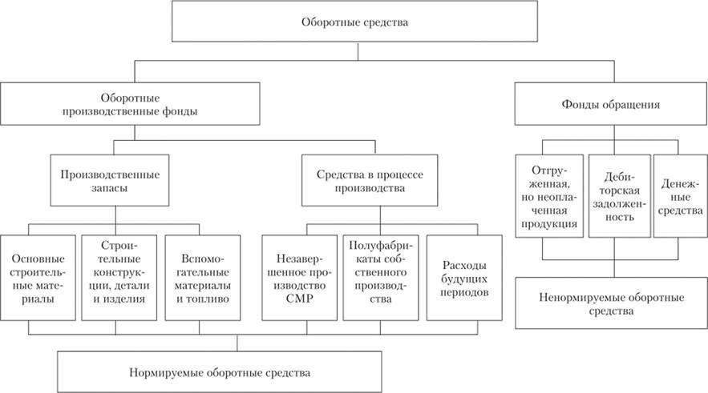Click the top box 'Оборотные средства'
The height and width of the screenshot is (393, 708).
pyautogui.click(x=354, y=22)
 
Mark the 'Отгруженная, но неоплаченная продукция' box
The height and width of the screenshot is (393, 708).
pyautogui.click(x=549, y=197)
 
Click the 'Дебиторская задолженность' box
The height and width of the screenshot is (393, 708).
pyautogui.click(x=617, y=197)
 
